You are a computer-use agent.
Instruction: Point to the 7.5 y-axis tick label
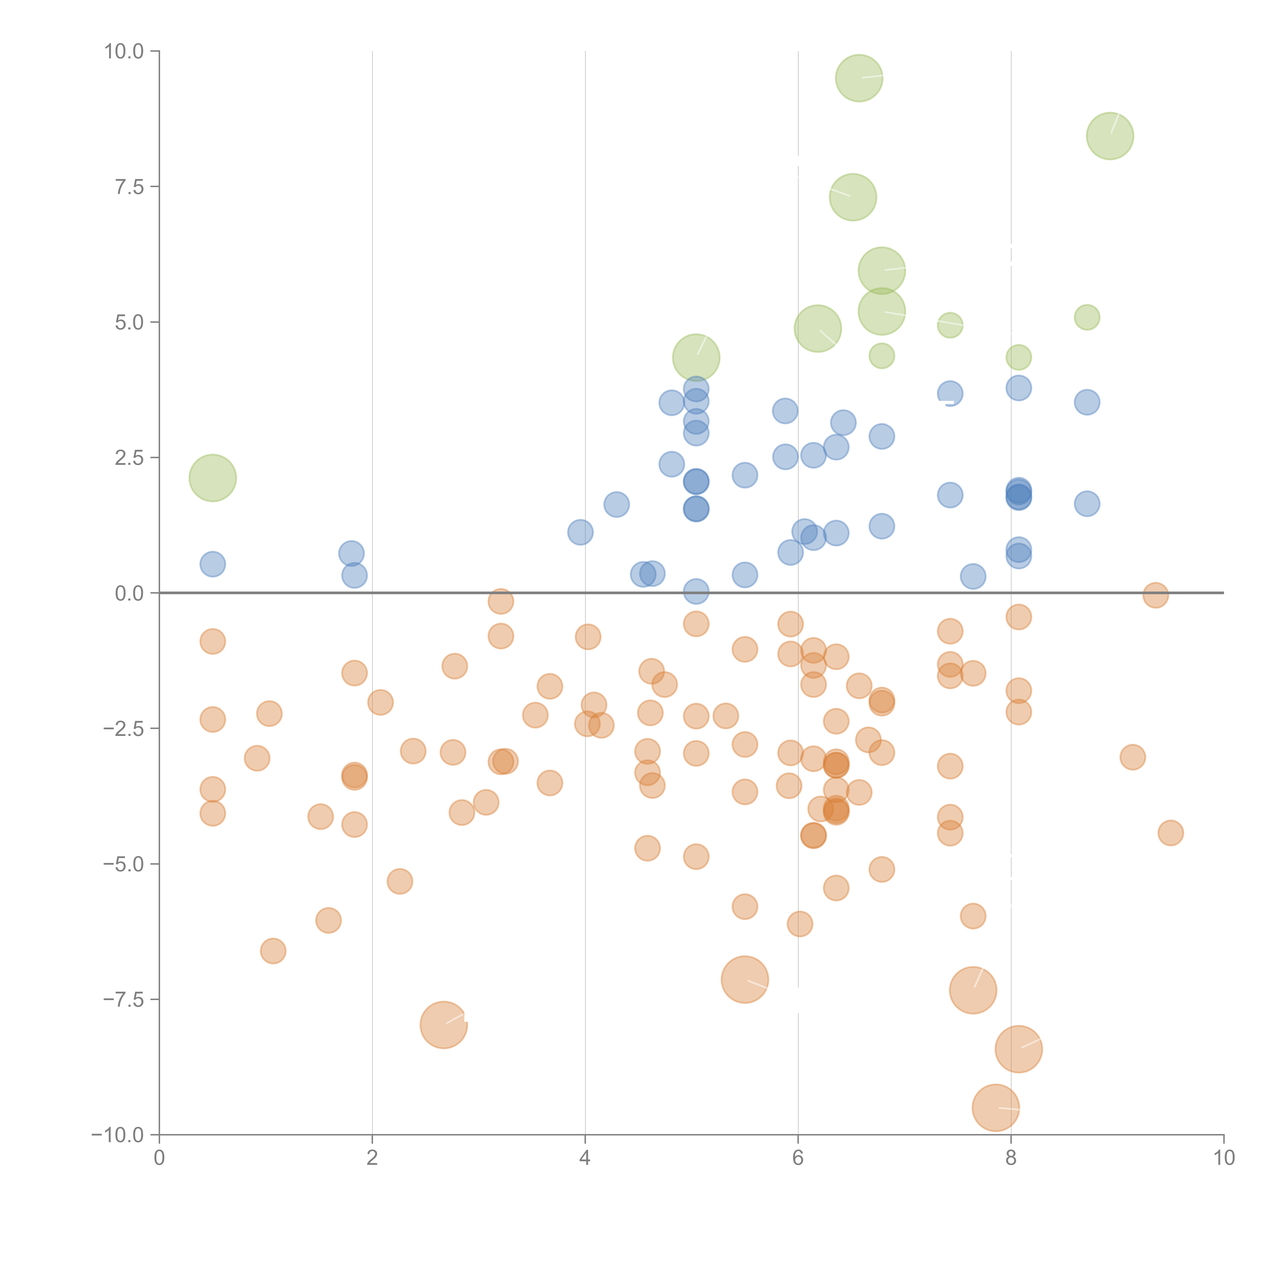pyautogui.click(x=129, y=187)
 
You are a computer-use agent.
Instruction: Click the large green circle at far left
pyautogui.click(x=212, y=478)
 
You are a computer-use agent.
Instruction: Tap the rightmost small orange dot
pyautogui.click(x=1170, y=833)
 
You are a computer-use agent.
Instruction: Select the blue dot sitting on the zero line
pyautogui.click(x=696, y=591)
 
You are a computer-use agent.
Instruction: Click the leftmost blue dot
pyautogui.click(x=212, y=564)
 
